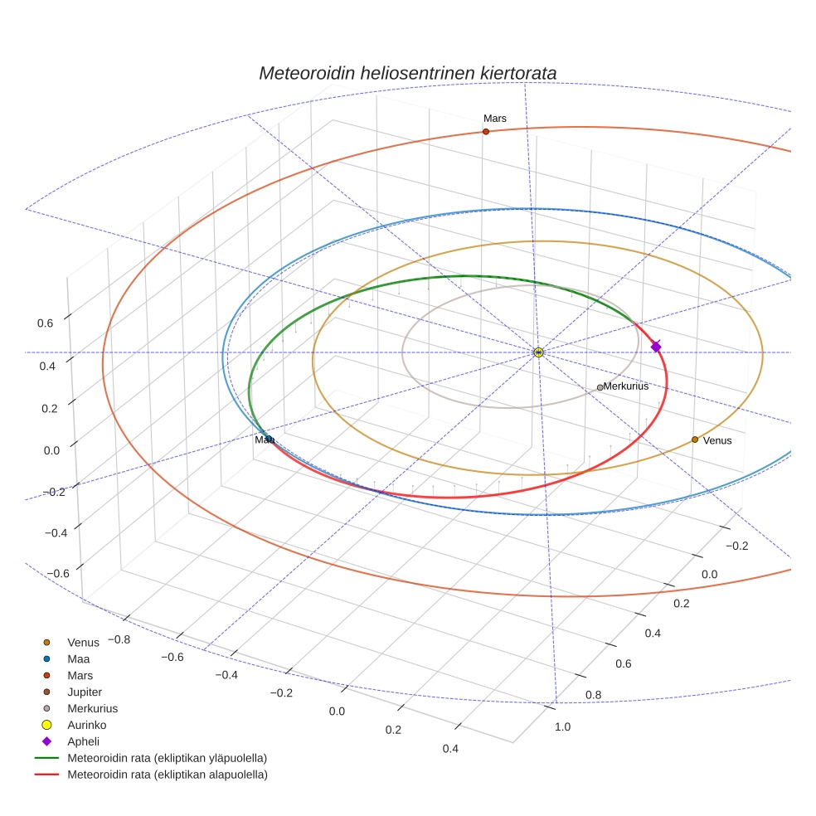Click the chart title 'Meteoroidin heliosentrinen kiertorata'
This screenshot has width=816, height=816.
(407, 73)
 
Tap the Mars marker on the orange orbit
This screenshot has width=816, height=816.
(485, 131)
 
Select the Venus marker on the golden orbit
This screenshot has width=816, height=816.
(695, 440)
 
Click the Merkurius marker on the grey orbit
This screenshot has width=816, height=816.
(600, 387)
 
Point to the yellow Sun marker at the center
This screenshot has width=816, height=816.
(538, 352)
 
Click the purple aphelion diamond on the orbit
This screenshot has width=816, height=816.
(656, 347)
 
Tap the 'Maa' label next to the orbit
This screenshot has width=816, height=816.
(264, 440)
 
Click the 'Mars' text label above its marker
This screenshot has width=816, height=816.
(495, 119)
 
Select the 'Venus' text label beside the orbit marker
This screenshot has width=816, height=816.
(717, 441)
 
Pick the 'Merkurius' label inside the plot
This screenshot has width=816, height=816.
(626, 386)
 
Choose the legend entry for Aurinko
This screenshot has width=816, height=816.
(86, 725)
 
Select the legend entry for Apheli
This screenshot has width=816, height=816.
(83, 741)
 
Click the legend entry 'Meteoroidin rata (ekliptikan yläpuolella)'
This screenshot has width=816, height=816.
(167, 758)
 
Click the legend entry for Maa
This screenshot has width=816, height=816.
(78, 658)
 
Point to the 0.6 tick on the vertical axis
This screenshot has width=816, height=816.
(46, 323)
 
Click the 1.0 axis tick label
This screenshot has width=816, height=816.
(561, 727)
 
